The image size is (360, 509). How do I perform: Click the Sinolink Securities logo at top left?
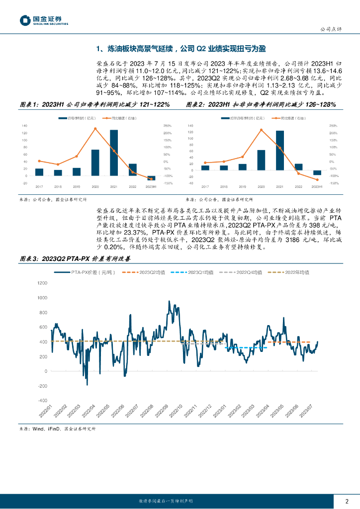tap(44, 20)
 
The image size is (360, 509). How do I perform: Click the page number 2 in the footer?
tap(347, 501)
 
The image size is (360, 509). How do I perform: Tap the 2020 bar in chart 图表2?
tap(261, 160)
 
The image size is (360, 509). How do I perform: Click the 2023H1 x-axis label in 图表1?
tap(151, 186)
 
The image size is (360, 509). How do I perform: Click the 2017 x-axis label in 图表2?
tap(205, 186)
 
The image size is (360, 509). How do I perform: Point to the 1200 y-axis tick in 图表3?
tap(41, 283)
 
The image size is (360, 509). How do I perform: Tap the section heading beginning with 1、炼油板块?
tap(181, 49)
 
